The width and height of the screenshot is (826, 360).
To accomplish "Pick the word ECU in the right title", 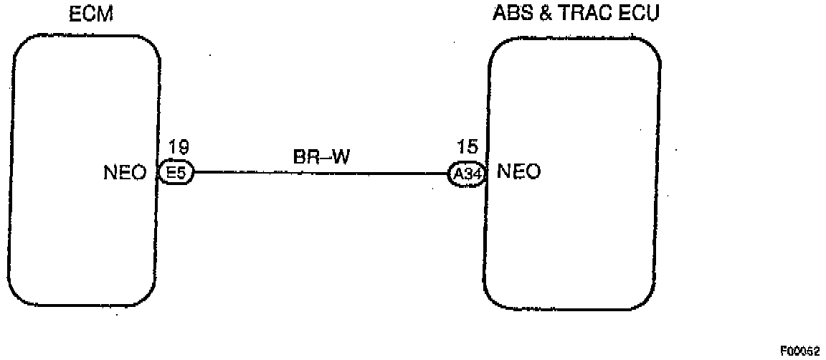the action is [637, 14].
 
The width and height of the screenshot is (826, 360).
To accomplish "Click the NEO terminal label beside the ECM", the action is [125, 173].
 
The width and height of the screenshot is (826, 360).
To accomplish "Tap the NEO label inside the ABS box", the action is [518, 172].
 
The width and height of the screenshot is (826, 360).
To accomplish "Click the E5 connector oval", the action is [176, 173].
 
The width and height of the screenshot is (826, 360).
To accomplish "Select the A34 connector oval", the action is [467, 174].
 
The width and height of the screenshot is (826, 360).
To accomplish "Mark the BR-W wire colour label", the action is [321, 157].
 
